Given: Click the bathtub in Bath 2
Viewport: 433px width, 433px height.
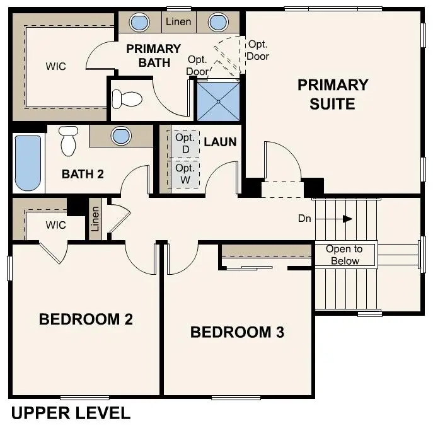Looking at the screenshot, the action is (x=28, y=163).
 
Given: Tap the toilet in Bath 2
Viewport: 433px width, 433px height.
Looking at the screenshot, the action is (x=69, y=141).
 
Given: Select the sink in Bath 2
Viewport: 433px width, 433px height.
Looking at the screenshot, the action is (x=121, y=136).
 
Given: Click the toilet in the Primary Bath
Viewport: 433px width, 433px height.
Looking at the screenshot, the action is (x=127, y=99).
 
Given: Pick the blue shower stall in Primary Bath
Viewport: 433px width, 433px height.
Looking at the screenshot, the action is (x=219, y=101).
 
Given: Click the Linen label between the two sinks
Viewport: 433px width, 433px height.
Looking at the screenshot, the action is (x=178, y=21).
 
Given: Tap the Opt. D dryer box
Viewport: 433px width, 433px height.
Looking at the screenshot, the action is (x=185, y=144).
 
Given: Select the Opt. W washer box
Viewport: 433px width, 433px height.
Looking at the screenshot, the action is (x=185, y=174).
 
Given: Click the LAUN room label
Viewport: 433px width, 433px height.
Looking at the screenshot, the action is (x=221, y=142).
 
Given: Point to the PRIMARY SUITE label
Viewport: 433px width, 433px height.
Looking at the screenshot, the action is (x=333, y=94).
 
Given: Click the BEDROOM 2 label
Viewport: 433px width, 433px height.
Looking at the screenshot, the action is (x=86, y=319).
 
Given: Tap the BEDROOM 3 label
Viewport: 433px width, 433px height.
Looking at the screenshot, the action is (x=237, y=332).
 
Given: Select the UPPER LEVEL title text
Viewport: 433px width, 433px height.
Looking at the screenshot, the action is (x=71, y=413).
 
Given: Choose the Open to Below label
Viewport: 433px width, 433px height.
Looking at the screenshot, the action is (x=344, y=255).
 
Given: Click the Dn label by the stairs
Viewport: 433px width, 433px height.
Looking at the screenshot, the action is (x=304, y=219).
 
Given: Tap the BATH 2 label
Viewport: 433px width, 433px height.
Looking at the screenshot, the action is (x=83, y=174).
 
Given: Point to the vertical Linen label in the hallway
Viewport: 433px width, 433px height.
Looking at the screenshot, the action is (x=95, y=219).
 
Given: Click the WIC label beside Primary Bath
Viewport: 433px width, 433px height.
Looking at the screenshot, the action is (x=56, y=66).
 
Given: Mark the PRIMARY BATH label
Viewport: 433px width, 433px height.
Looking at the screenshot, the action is (x=154, y=55).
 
